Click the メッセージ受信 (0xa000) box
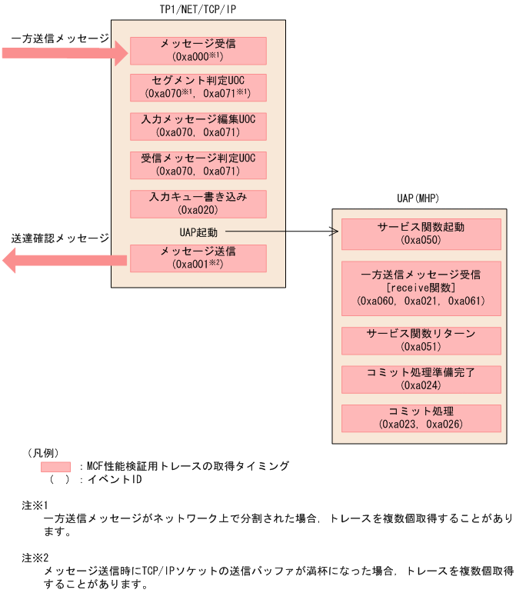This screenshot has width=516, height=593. (x=198, y=51)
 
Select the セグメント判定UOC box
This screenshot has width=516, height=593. (x=198, y=88)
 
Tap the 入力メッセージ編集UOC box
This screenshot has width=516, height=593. (x=198, y=126)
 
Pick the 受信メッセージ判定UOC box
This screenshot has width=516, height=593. (x=198, y=165)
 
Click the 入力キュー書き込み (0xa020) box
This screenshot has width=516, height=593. (x=198, y=203)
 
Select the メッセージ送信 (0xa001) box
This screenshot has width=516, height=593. (x=198, y=258)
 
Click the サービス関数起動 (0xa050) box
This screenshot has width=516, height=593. (x=421, y=234)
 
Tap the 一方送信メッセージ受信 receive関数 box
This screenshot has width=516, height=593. (x=421, y=288)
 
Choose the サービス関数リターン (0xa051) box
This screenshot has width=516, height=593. (x=421, y=340)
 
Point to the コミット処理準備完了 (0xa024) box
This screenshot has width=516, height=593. (x=421, y=378)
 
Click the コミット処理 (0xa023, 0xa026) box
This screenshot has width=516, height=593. (x=421, y=418)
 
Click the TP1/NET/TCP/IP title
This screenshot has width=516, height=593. (x=198, y=8)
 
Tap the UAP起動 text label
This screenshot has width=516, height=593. (x=193, y=231)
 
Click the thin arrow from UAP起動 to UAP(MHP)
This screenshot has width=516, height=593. (x=281, y=231)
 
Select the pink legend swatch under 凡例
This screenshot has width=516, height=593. (x=55, y=467)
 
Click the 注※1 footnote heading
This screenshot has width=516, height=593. (x=35, y=505)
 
